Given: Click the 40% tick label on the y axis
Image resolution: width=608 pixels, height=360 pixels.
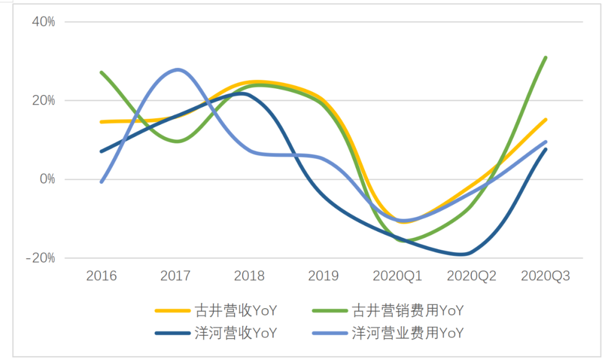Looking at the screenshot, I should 43,22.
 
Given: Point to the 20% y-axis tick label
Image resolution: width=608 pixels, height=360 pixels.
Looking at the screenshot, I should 43,101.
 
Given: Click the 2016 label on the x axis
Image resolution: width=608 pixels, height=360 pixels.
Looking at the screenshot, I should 101,276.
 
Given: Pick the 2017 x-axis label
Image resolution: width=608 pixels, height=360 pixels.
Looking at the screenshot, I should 175,276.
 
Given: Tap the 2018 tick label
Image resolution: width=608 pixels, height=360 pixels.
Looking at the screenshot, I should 249,276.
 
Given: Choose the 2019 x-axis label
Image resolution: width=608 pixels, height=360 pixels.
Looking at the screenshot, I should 323,276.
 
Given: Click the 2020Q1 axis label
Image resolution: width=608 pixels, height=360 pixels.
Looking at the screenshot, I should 397,276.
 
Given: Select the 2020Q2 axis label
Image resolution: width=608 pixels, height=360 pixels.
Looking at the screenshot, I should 471,276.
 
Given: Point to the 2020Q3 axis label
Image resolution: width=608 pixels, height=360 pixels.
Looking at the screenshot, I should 546,276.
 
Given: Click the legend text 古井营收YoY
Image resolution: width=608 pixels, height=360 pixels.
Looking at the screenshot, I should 236,310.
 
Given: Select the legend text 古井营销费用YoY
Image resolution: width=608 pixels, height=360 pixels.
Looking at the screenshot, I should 408,310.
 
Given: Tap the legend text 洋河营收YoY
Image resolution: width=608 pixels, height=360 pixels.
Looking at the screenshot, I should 236,332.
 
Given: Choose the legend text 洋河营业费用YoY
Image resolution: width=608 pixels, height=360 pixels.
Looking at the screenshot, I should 408,332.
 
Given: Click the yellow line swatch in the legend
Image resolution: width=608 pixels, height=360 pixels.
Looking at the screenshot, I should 172,310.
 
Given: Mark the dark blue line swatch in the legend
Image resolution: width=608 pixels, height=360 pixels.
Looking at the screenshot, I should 172,333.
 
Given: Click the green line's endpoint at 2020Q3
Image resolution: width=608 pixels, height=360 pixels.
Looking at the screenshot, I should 546,57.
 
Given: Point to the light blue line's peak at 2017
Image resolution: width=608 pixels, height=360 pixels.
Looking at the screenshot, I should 178,70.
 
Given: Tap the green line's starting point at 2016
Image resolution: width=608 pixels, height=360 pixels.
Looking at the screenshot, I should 101,73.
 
